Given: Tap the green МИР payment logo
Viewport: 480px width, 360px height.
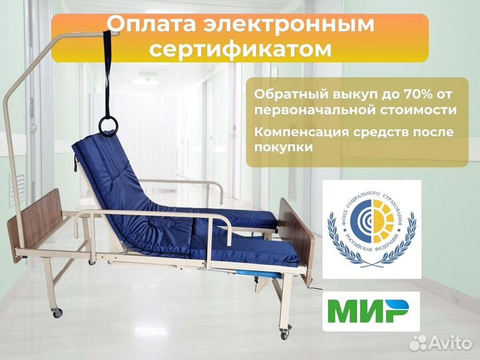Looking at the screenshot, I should pos(371,311).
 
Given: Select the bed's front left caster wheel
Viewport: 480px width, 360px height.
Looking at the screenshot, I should pos(57,312).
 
